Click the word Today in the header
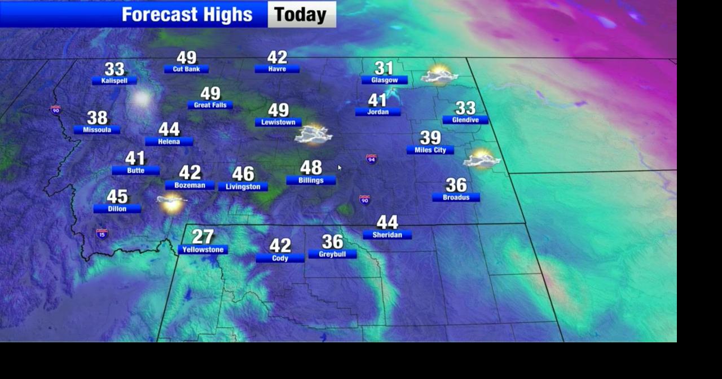click(301, 15)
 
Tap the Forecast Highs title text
click(187, 15)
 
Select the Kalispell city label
click(115, 81)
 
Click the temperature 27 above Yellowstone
click(203, 236)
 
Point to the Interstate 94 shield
click(371, 160)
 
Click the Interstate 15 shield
click(102, 233)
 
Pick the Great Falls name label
click(210, 105)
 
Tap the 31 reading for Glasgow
click(384, 68)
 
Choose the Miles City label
click(430, 150)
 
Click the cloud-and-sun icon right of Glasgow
click(439, 76)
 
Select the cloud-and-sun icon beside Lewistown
click(314, 134)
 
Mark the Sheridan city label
click(387, 235)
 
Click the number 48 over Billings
click(311, 168)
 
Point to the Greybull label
click(332, 254)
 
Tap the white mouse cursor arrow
click(340, 168)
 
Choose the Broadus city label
click(456, 197)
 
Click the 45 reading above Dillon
click(117, 196)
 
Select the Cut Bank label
click(186, 69)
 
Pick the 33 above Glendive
click(465, 108)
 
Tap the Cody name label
click(280, 258)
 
